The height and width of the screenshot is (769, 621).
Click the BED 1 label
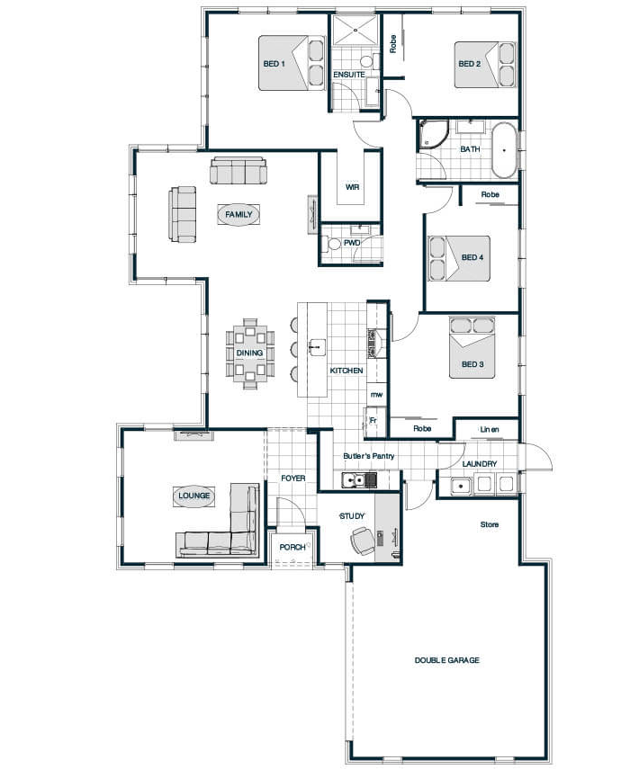pos(274,64)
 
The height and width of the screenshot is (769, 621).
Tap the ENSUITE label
pos(349,75)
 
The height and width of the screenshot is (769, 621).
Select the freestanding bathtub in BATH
pos(504,150)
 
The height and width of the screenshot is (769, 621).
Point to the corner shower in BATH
pos(433,134)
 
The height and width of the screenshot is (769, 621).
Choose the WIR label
pos(352,187)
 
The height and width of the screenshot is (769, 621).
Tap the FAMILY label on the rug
pos(238,214)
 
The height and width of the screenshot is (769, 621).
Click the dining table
pos(250,353)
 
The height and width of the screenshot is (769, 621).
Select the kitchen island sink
pos(317,347)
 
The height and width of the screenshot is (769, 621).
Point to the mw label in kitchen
pos(376,394)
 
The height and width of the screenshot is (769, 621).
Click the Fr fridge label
pos(373,420)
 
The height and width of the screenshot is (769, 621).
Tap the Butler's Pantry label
pos(369,456)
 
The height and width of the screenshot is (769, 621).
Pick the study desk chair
pos(363,541)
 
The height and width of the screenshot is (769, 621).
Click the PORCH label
pos(292,547)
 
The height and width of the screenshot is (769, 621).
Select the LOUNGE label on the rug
pos(193,496)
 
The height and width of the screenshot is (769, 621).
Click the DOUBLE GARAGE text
pos(446,660)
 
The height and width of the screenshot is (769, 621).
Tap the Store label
pos(489,524)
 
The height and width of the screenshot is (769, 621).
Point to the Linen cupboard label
pos(489,430)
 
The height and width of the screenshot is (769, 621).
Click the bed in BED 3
pos(472,348)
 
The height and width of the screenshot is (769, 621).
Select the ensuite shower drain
pos(355,30)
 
